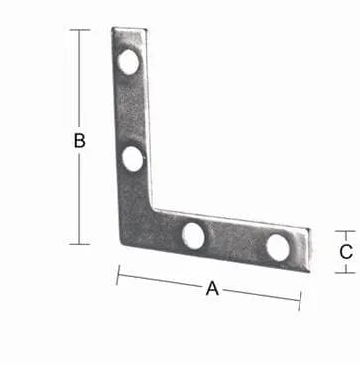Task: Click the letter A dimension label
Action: tap(212, 288)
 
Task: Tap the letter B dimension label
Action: tap(79, 140)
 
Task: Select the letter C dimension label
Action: tap(346, 252)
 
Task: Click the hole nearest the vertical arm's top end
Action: tap(129, 62)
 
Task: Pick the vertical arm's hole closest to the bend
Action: tap(133, 159)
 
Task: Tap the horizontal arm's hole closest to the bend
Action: tap(193, 236)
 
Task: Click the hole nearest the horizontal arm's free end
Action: tap(278, 247)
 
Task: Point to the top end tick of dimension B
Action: tap(80, 30)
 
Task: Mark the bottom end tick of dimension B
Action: tap(80, 244)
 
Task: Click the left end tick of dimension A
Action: tap(118, 275)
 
